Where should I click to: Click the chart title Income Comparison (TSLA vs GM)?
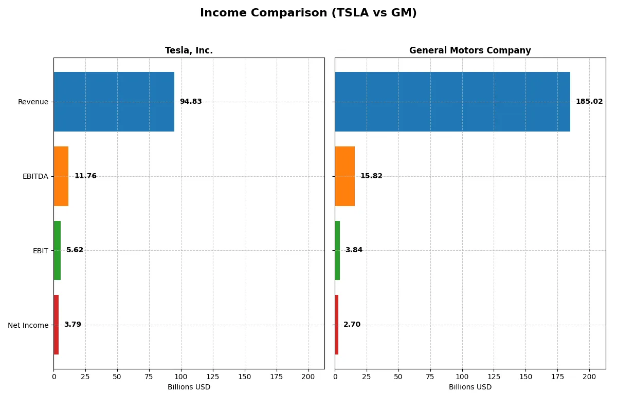(308, 13)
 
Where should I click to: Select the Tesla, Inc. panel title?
(189, 50)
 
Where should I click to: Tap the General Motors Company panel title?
(470, 50)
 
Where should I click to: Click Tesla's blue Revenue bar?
(114, 102)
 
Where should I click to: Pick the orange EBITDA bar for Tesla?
(61, 176)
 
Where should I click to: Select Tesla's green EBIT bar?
(57, 250)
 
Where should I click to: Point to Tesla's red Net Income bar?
(56, 325)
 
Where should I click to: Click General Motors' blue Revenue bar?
(452, 102)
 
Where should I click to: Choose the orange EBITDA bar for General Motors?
(344, 176)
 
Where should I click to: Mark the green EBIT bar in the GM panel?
(337, 250)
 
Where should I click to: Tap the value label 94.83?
(191, 102)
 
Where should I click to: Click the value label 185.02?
(589, 102)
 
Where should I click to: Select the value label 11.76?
(85, 176)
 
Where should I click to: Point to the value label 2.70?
(352, 325)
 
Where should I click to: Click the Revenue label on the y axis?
(33, 102)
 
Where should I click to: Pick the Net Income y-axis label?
(28, 325)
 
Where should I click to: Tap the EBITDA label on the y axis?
(35, 176)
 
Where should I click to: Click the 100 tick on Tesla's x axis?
(181, 377)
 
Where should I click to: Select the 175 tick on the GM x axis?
(558, 377)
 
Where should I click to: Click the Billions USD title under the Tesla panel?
(189, 387)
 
